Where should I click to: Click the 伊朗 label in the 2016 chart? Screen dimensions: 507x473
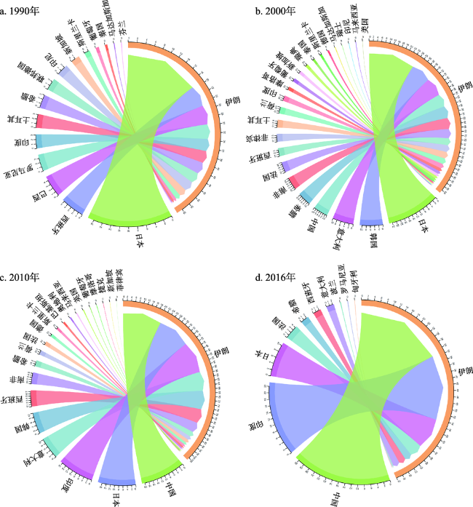pyautogui.click(x=460, y=377)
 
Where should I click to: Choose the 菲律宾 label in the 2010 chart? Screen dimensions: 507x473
pyautogui.click(x=118, y=282)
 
